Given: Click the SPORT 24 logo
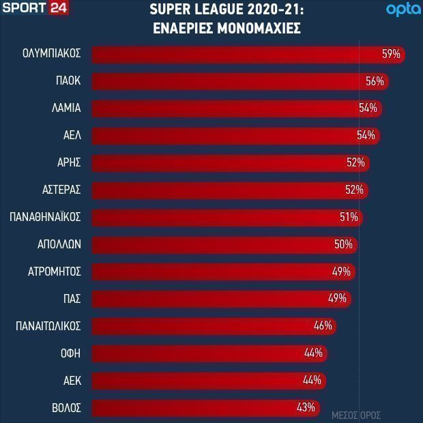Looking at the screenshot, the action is (35, 8).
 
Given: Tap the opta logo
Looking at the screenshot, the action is (403, 10).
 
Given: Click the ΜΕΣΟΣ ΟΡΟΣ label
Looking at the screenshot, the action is (356, 415).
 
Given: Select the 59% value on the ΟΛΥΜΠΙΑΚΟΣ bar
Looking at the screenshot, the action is (391, 54).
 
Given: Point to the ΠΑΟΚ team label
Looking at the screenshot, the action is (68, 81).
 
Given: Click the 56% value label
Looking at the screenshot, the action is (375, 81).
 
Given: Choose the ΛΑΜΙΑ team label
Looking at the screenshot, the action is (66, 108).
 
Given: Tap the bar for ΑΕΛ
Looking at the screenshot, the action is (236, 136).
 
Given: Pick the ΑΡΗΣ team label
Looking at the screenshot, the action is (69, 162).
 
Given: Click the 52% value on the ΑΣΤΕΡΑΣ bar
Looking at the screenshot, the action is (355, 190).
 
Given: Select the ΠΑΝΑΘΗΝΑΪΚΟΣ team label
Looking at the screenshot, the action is (45, 217).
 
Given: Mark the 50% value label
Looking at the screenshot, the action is (343, 244).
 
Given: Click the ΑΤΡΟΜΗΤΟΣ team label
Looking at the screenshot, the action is (55, 272).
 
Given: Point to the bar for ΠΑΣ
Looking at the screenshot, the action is (222, 299).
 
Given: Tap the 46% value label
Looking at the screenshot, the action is (323, 326).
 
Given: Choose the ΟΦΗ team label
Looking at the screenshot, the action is (71, 353).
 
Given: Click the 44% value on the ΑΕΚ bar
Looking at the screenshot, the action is (312, 381).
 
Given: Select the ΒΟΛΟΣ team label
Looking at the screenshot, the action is (66, 407).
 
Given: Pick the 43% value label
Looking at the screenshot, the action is (306, 407).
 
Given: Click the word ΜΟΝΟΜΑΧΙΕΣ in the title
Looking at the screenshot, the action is (259, 28).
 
